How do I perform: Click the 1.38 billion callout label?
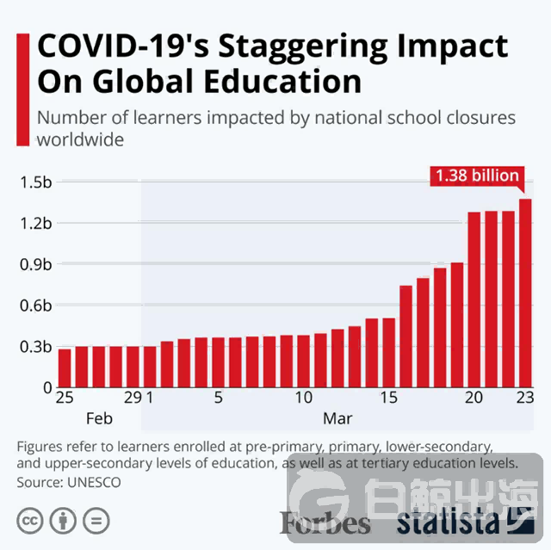(477, 176)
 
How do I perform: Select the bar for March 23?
(524, 293)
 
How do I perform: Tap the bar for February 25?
(65, 368)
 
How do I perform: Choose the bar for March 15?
(388, 353)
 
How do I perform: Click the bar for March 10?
(303, 361)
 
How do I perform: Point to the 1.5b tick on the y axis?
(35, 182)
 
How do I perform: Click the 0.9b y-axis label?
(35, 264)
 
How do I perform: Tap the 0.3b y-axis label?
(35, 347)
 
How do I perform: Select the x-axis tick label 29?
(132, 399)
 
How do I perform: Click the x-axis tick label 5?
(218, 399)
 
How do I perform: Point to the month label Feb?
(101, 419)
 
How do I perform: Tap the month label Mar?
(337, 419)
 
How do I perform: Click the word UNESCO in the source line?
(92, 483)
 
